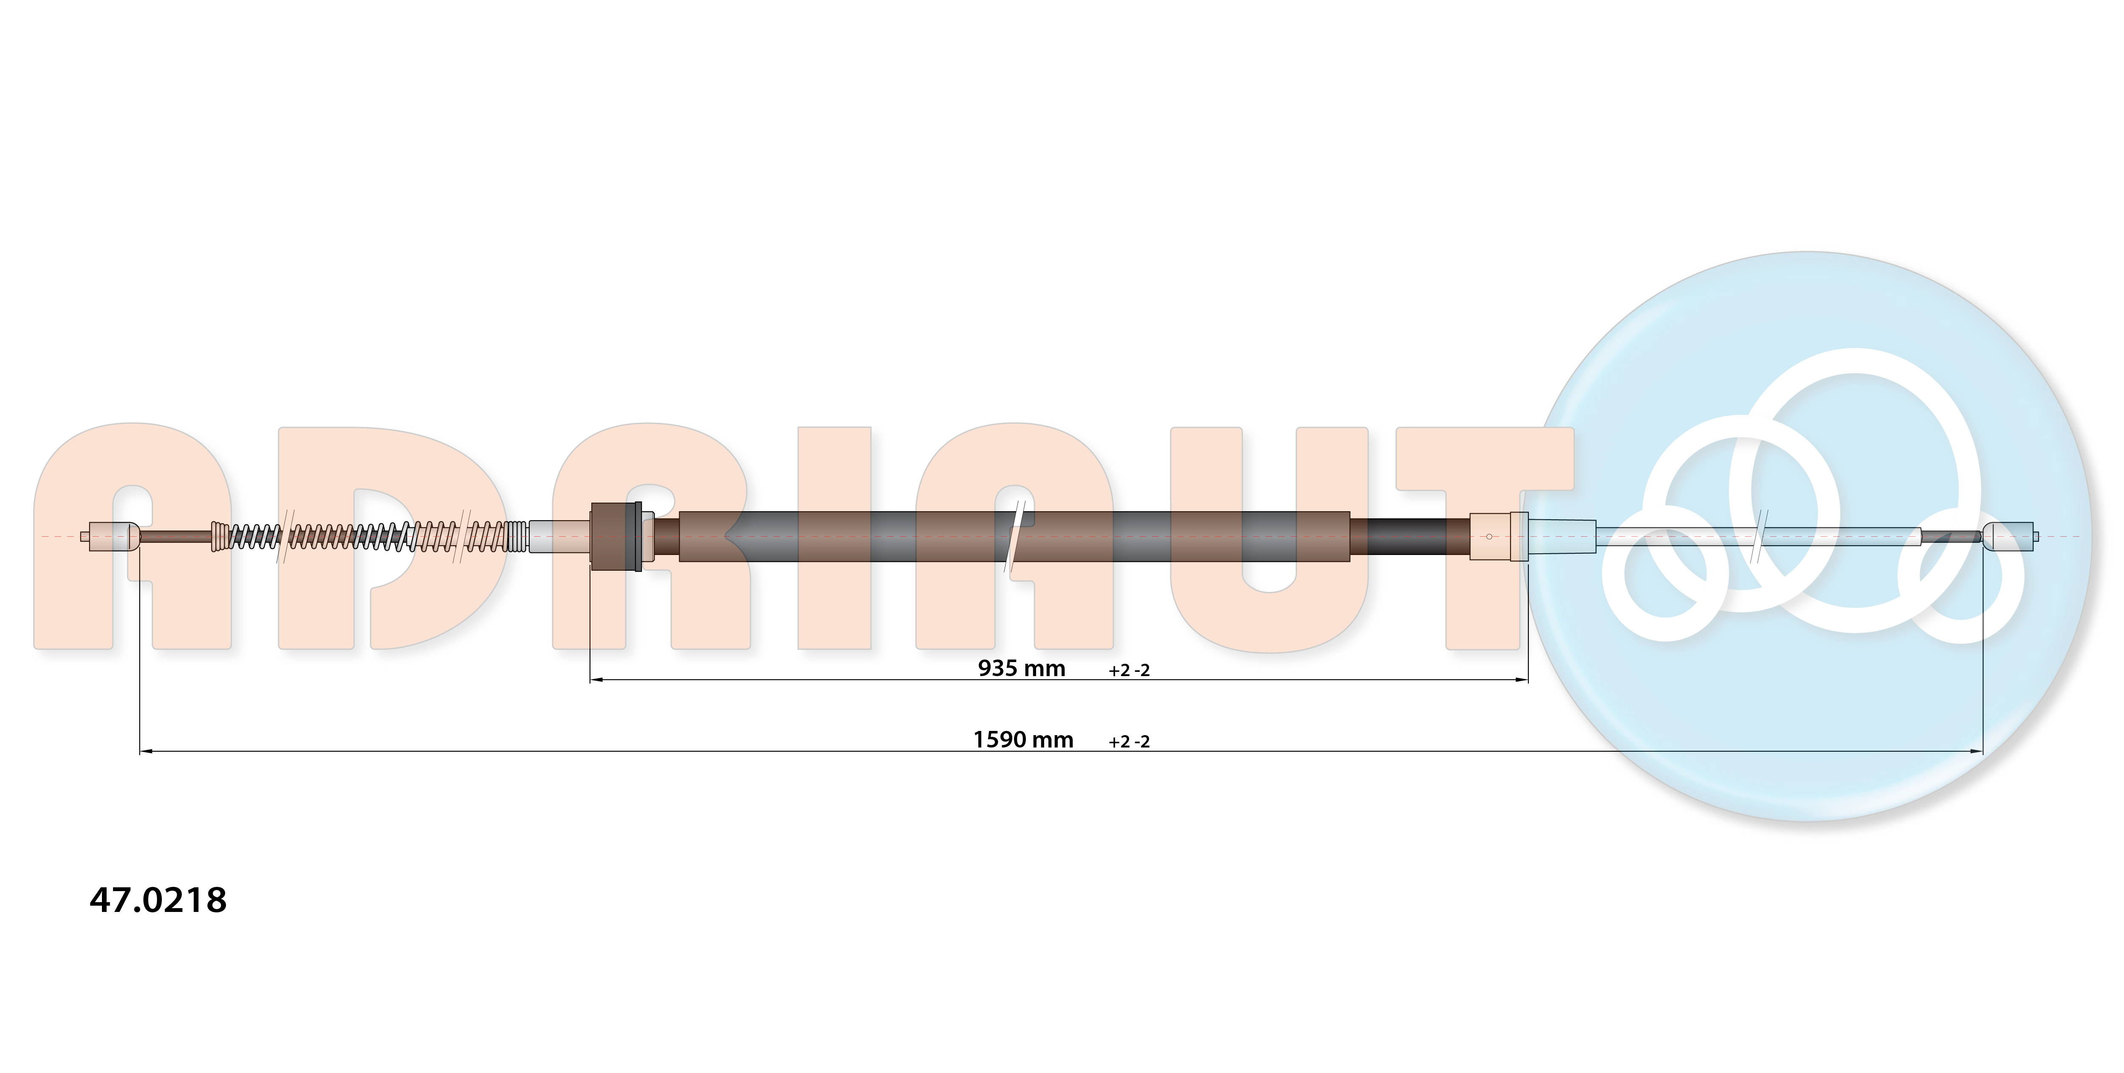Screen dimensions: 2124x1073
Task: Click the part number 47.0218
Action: [x=158, y=900]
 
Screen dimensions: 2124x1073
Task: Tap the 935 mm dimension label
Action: [x=1022, y=668]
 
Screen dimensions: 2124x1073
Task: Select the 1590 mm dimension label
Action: [x=1023, y=740]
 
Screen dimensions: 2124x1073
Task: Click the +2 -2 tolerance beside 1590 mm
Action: [x=1129, y=742]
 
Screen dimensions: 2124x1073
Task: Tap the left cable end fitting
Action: [x=110, y=536]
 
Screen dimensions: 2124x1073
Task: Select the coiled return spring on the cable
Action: [x=370, y=536]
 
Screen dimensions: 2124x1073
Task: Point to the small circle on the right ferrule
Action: [x=1489, y=537]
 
